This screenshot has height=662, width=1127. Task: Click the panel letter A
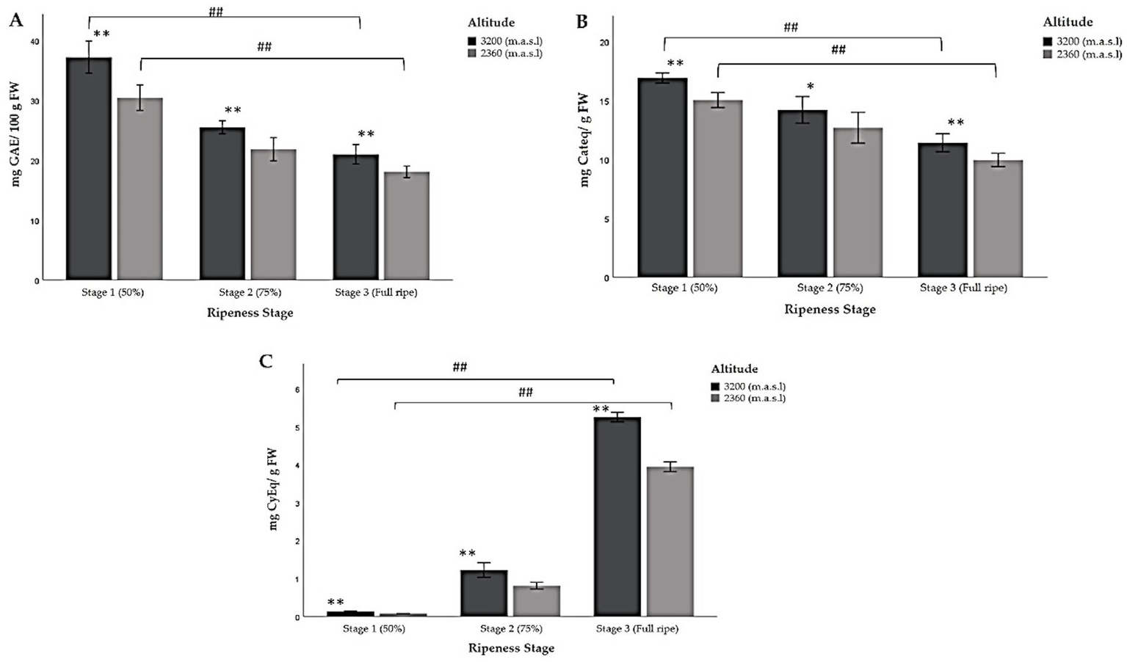[15, 20]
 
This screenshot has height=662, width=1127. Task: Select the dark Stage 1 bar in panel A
[89, 169]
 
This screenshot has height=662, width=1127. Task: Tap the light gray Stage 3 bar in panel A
[407, 226]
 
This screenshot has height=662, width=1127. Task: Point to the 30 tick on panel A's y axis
[36, 101]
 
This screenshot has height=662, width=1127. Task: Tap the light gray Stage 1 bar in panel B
[718, 189]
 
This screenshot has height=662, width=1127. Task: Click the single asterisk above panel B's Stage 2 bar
[811, 87]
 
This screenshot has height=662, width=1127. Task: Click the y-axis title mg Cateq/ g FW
[584, 139]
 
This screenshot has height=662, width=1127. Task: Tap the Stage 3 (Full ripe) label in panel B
[963, 288]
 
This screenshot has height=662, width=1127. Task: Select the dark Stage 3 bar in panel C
[617, 517]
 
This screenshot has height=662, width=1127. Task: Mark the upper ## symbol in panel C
[460, 367]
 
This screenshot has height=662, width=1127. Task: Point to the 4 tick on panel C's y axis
[297, 465]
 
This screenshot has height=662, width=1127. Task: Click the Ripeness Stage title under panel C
[511, 648]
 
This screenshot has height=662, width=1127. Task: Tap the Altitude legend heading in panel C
[734, 369]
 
